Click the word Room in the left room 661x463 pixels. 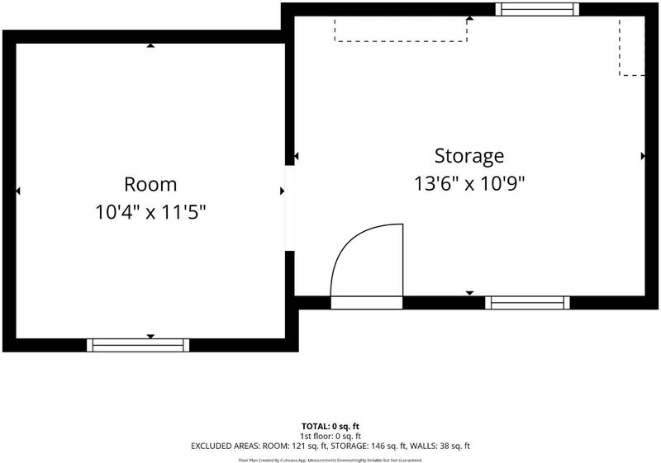pyautogui.click(x=150, y=184)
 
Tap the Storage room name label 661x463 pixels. pyautogui.click(x=469, y=156)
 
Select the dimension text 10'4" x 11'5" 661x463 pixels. pyautogui.click(x=150, y=212)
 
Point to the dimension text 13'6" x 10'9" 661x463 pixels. pyautogui.click(x=469, y=183)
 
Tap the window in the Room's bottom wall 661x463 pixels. pyautogui.click(x=138, y=345)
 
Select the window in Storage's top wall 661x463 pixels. pyautogui.click(x=537, y=9)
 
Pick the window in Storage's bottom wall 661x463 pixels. pyautogui.click(x=527, y=303)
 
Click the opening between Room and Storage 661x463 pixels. pyautogui.click(x=290, y=208)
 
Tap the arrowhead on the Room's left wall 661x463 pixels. pyautogui.click(x=17, y=191)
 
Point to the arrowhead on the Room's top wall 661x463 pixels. pyautogui.click(x=150, y=45)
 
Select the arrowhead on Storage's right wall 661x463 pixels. pyautogui.click(x=643, y=156)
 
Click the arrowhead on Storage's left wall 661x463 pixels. pyautogui.click(x=296, y=156)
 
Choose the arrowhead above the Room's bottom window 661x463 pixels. pyautogui.click(x=150, y=336)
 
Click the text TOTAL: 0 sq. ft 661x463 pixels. pyautogui.click(x=330, y=427)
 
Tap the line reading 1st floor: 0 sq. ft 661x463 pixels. pyautogui.click(x=330, y=436)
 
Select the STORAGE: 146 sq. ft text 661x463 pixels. pyautogui.click(x=368, y=446)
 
